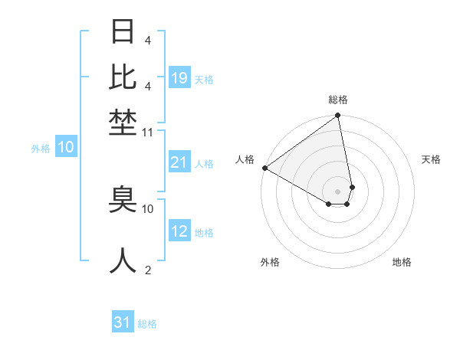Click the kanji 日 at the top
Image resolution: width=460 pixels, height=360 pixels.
(123, 33)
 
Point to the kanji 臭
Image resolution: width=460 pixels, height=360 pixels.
(123, 201)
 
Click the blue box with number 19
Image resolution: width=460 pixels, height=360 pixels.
(179, 78)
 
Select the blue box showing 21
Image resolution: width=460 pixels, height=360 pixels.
(179, 162)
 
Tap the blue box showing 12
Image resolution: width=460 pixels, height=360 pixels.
(179, 232)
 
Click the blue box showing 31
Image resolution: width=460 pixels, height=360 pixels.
(123, 322)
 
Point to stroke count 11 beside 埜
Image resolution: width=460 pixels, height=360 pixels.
(148, 133)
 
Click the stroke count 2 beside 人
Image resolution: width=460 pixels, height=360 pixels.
(147, 269)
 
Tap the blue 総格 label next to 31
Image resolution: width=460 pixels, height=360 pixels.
(147, 324)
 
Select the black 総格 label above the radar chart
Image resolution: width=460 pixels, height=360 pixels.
(338, 100)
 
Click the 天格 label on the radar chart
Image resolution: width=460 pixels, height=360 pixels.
(431, 159)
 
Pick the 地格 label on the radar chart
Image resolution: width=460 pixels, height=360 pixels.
(402, 262)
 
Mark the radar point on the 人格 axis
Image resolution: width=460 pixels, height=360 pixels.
(264, 168)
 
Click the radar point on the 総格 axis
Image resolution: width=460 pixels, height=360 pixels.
(337, 116)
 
